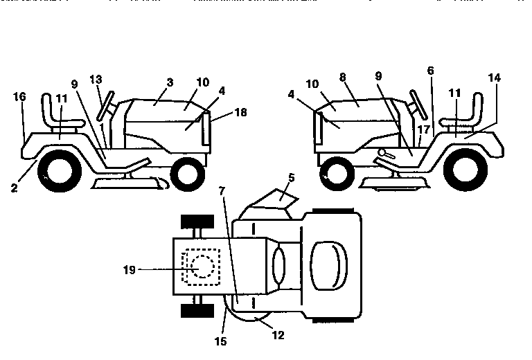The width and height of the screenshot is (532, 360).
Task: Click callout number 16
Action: point(20,97)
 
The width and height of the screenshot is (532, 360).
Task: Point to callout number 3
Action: point(170,82)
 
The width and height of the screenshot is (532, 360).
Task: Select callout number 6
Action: point(430,71)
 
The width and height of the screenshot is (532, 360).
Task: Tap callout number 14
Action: point(495,78)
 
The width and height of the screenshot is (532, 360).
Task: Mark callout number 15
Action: point(220,341)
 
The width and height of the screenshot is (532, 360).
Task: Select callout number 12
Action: point(278,335)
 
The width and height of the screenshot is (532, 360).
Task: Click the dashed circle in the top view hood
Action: point(202,267)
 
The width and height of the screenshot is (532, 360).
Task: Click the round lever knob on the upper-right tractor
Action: point(381,152)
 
